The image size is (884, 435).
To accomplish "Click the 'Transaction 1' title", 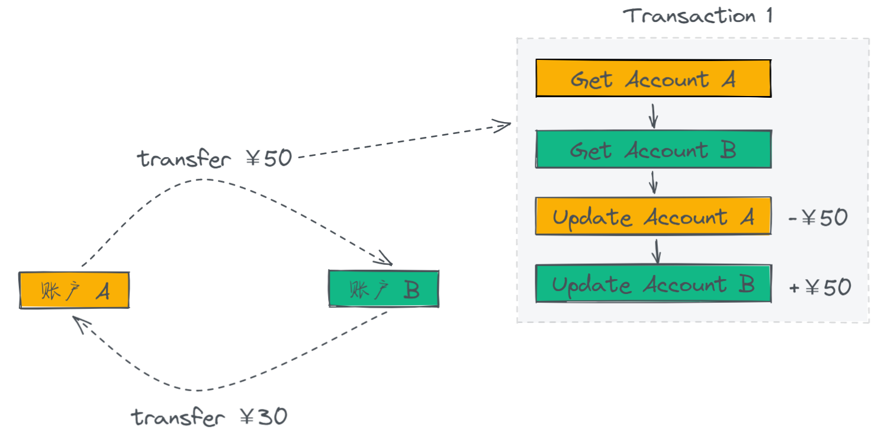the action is tap(697, 16).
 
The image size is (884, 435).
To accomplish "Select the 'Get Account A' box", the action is tap(654, 78).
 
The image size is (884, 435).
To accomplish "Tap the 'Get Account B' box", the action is tap(654, 149).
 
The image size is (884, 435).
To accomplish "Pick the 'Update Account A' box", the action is tap(654, 216).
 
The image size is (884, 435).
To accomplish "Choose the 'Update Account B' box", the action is tap(654, 284).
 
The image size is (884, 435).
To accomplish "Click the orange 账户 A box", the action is tap(74, 290).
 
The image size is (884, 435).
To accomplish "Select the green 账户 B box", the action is tap(384, 289).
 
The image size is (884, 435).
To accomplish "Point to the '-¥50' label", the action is tap(818, 217).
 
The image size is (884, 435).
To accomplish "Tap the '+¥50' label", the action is tap(820, 287).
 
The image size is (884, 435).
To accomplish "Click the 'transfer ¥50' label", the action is tap(214, 159).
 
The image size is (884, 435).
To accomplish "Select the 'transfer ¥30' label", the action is tap(209, 417).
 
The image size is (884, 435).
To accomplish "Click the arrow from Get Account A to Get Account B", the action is tap(653, 116).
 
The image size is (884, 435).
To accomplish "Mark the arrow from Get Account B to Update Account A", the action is tap(653, 183).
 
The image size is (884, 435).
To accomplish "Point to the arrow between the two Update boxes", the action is tap(657, 251).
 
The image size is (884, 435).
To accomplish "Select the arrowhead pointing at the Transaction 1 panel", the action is tap(501, 126).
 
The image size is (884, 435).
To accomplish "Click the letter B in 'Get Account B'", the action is tap(728, 150).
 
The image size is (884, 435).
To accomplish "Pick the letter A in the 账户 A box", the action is tap(103, 292).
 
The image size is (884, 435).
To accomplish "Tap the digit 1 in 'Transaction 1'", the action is tap(770, 16).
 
